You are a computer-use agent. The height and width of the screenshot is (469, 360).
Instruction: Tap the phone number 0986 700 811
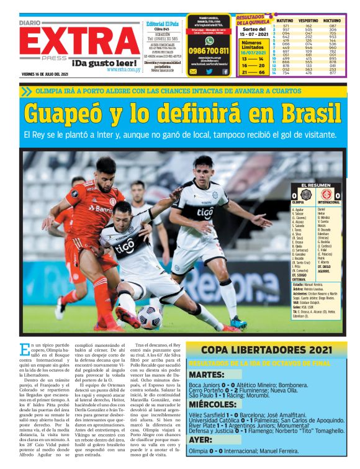pyautogui.click(x=209, y=51)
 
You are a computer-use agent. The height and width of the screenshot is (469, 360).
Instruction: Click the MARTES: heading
pyautogui.click(x=206, y=375)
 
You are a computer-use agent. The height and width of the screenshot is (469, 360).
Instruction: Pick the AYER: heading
pyautogui.click(x=200, y=439)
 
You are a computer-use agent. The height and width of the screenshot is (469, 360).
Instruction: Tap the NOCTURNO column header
pyautogui.click(x=333, y=20)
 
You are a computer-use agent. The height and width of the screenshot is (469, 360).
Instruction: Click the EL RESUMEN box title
pyautogui.click(x=317, y=185)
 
